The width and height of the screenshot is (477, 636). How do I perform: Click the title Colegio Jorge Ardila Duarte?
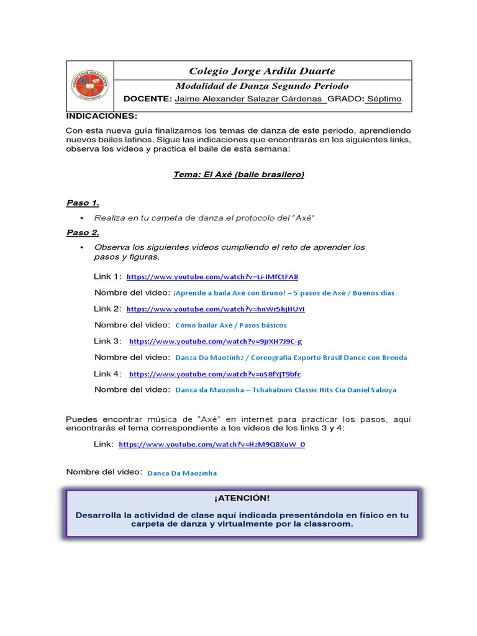[261, 71]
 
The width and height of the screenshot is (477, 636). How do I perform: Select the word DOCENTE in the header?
[147, 99]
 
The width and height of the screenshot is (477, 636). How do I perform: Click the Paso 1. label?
[83, 203]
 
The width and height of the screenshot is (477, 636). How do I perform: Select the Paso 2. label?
[83, 233]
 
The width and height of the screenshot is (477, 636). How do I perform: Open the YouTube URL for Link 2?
[216, 309]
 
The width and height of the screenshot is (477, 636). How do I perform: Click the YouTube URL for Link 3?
[215, 342]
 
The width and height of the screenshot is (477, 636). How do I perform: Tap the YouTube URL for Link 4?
[214, 375]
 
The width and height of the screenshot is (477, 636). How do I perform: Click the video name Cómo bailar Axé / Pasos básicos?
[231, 325]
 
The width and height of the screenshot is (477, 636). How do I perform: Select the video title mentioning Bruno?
[284, 293]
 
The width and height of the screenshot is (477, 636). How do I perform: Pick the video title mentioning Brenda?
[291, 358]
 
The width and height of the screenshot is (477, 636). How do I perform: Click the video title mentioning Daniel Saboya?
[286, 390]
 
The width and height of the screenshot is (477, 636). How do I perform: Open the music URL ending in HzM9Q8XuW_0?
[212, 445]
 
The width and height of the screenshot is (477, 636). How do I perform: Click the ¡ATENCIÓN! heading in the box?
[242, 498]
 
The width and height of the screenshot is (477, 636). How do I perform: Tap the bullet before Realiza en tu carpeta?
[82, 218]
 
